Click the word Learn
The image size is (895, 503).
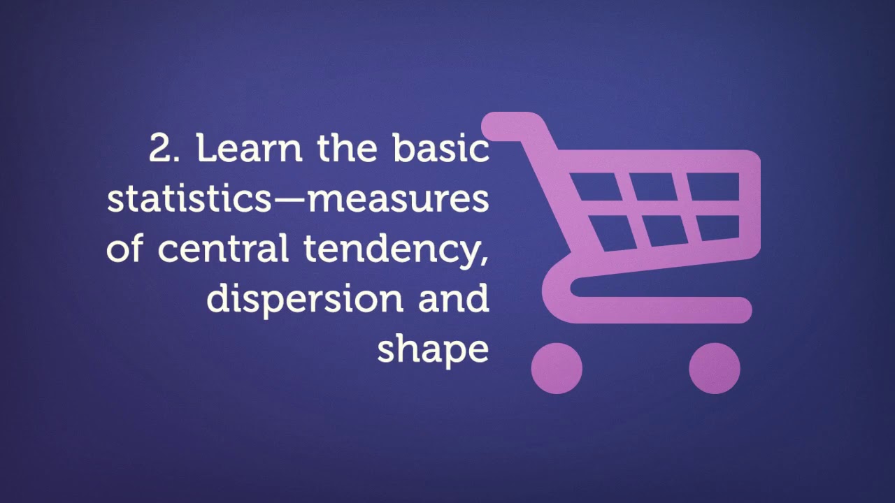(x=252, y=149)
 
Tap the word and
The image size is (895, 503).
(x=454, y=298)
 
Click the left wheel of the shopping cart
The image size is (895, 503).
(x=557, y=368)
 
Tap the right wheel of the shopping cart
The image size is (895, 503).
(x=714, y=368)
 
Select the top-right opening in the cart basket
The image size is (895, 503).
(x=714, y=186)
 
